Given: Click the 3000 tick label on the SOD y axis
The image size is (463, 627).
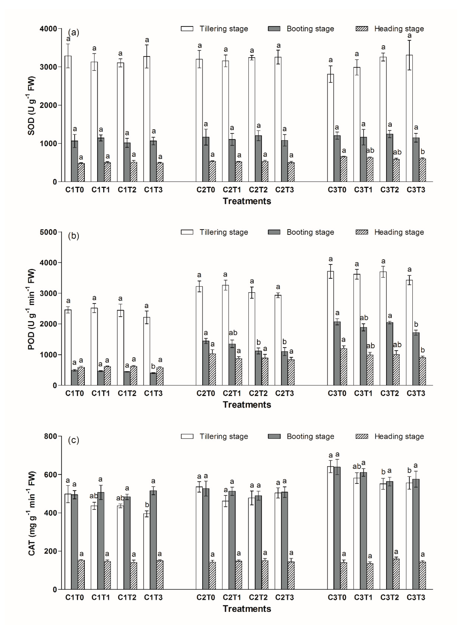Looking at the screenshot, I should [48, 67].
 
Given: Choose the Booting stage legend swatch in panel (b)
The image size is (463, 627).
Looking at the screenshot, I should [274, 232].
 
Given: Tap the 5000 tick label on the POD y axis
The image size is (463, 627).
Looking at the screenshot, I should [48, 232].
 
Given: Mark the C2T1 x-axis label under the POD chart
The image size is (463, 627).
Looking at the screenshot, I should [232, 393].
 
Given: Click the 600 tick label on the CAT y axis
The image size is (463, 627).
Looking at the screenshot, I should [50, 475].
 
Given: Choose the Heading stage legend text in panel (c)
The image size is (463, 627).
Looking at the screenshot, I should [399, 436].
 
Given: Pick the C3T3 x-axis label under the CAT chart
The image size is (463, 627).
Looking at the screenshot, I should [416, 598].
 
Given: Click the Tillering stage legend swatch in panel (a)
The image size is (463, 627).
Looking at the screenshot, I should [187, 29].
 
